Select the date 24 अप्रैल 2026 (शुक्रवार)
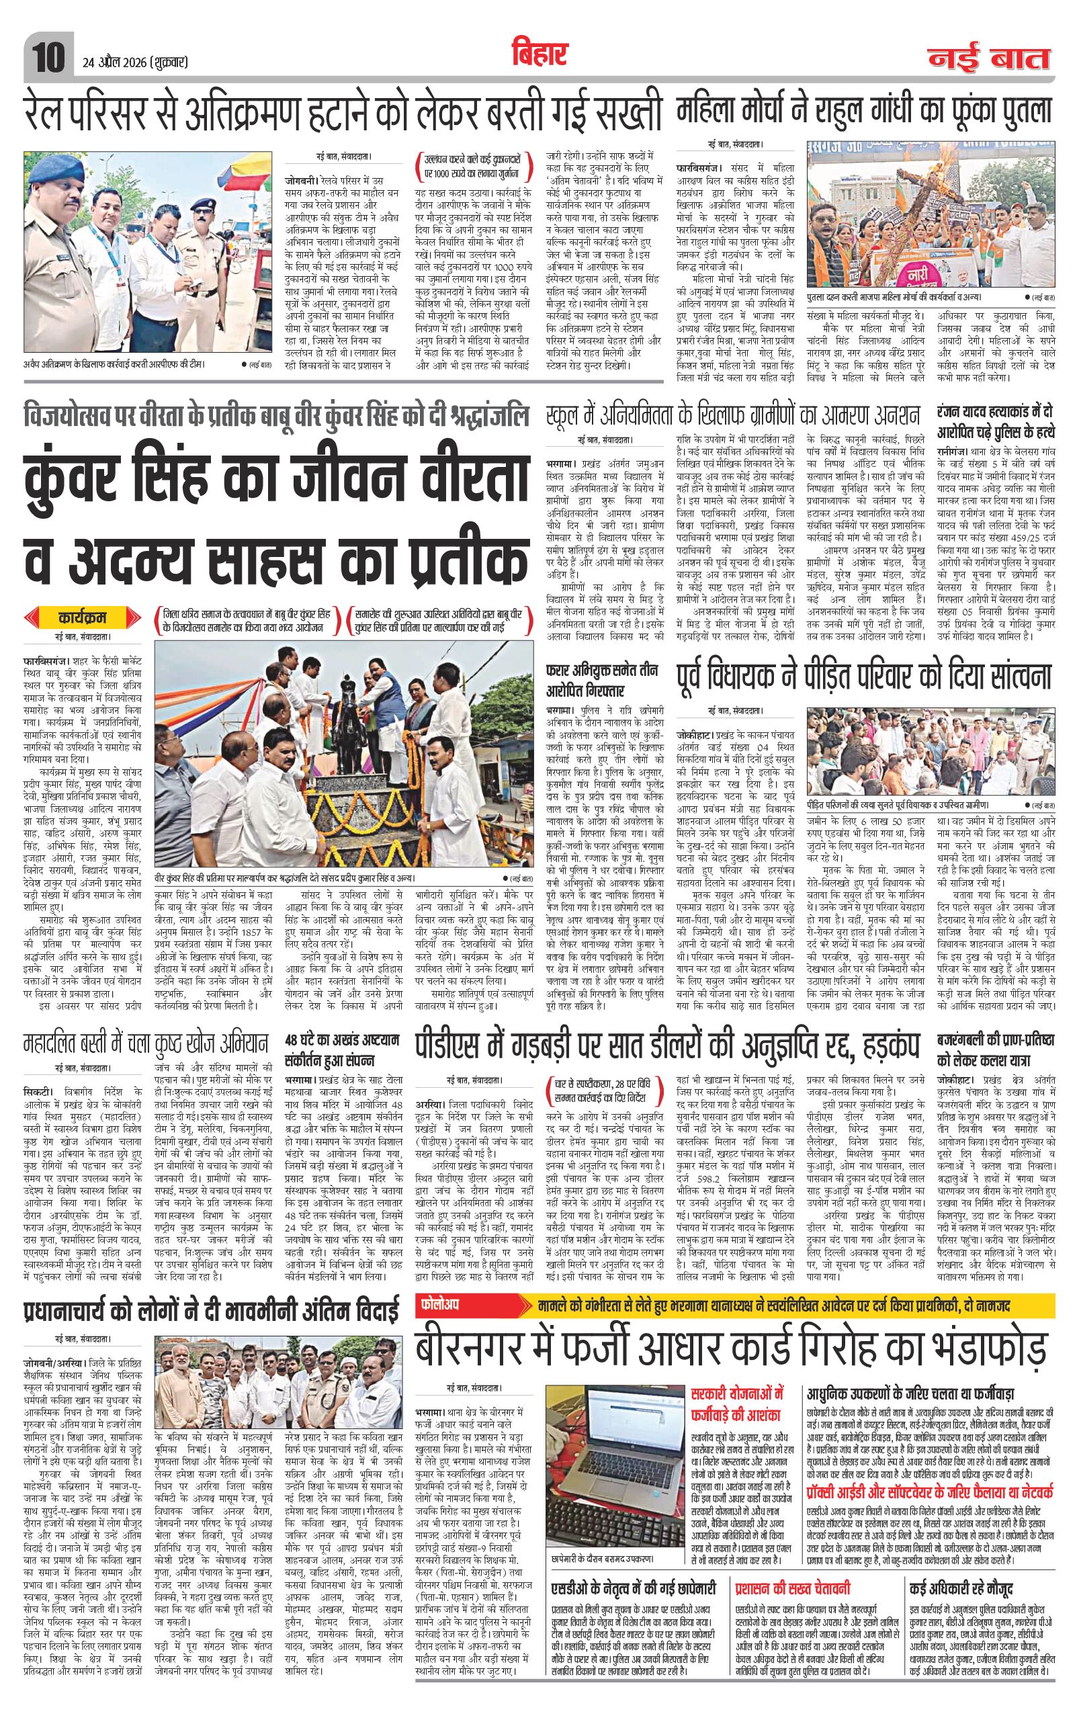(x=131, y=62)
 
